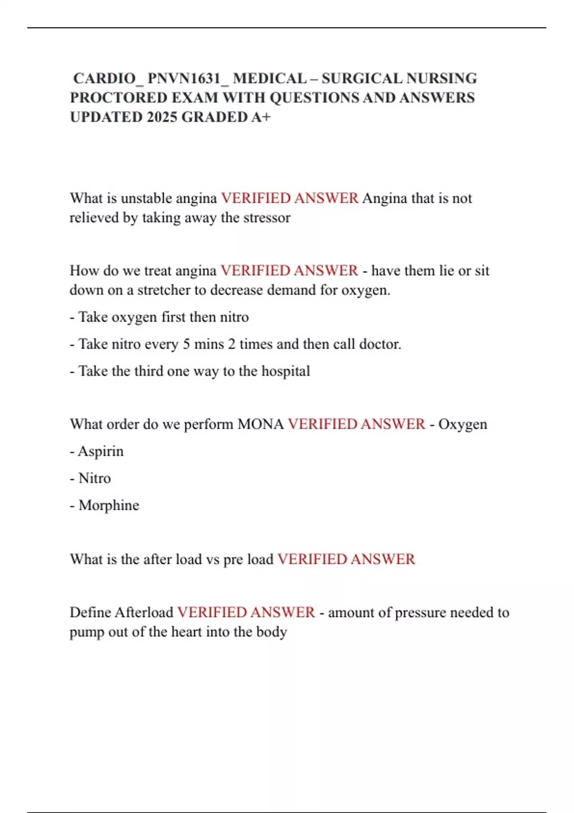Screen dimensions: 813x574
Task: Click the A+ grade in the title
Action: [x=261, y=117]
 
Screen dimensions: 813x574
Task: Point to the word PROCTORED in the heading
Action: [x=118, y=98]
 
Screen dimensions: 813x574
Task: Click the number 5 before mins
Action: [x=187, y=344]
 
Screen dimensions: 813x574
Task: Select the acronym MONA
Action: [x=261, y=424]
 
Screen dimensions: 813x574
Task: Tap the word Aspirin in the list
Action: [x=100, y=451]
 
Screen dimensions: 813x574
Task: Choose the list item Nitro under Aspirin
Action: [x=94, y=478]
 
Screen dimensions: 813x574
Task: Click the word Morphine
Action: [x=109, y=505]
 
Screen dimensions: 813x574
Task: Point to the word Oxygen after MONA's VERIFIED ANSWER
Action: [x=463, y=424]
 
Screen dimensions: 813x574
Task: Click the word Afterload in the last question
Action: [x=144, y=613]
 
